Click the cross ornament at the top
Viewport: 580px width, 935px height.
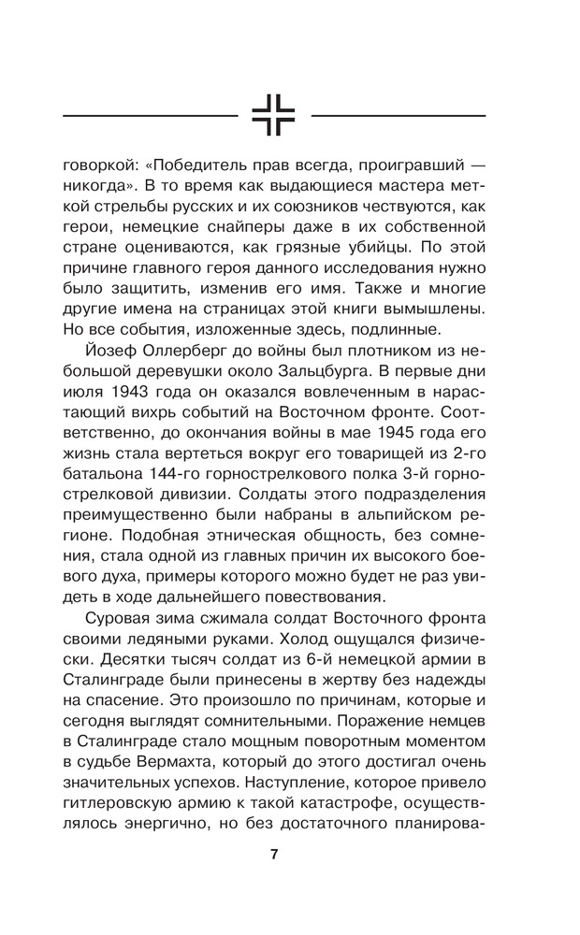(273, 115)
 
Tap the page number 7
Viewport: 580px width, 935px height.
(274, 854)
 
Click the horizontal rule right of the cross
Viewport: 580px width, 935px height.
(398, 115)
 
